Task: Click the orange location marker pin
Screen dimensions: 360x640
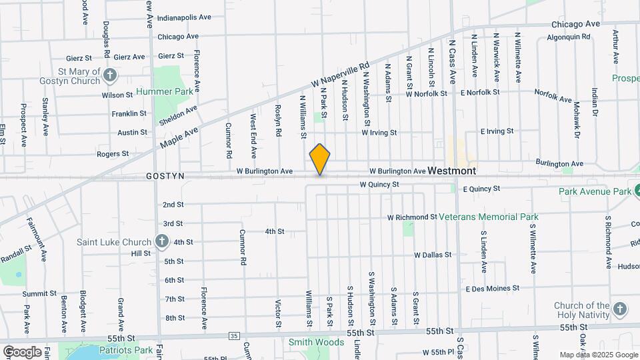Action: click(x=320, y=159)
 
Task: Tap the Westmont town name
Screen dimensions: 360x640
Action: click(x=452, y=171)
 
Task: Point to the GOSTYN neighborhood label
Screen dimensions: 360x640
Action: click(x=165, y=175)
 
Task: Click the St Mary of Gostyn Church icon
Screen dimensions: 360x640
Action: click(x=111, y=77)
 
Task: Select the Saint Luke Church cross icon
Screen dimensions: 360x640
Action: click(x=161, y=241)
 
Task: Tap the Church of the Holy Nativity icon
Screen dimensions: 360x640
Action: click(x=620, y=309)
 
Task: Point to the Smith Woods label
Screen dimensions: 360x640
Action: click(x=316, y=343)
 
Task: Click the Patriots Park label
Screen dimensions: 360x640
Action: click(x=126, y=349)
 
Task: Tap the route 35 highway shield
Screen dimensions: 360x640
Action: click(x=233, y=335)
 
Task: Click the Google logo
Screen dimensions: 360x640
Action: click(x=21, y=351)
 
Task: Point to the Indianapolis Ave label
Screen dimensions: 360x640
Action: click(x=184, y=17)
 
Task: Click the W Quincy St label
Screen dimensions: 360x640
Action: click(x=379, y=184)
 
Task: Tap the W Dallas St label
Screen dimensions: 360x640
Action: click(x=432, y=255)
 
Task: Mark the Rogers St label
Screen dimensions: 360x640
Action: click(x=113, y=153)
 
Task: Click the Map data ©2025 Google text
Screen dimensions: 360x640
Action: click(x=598, y=355)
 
